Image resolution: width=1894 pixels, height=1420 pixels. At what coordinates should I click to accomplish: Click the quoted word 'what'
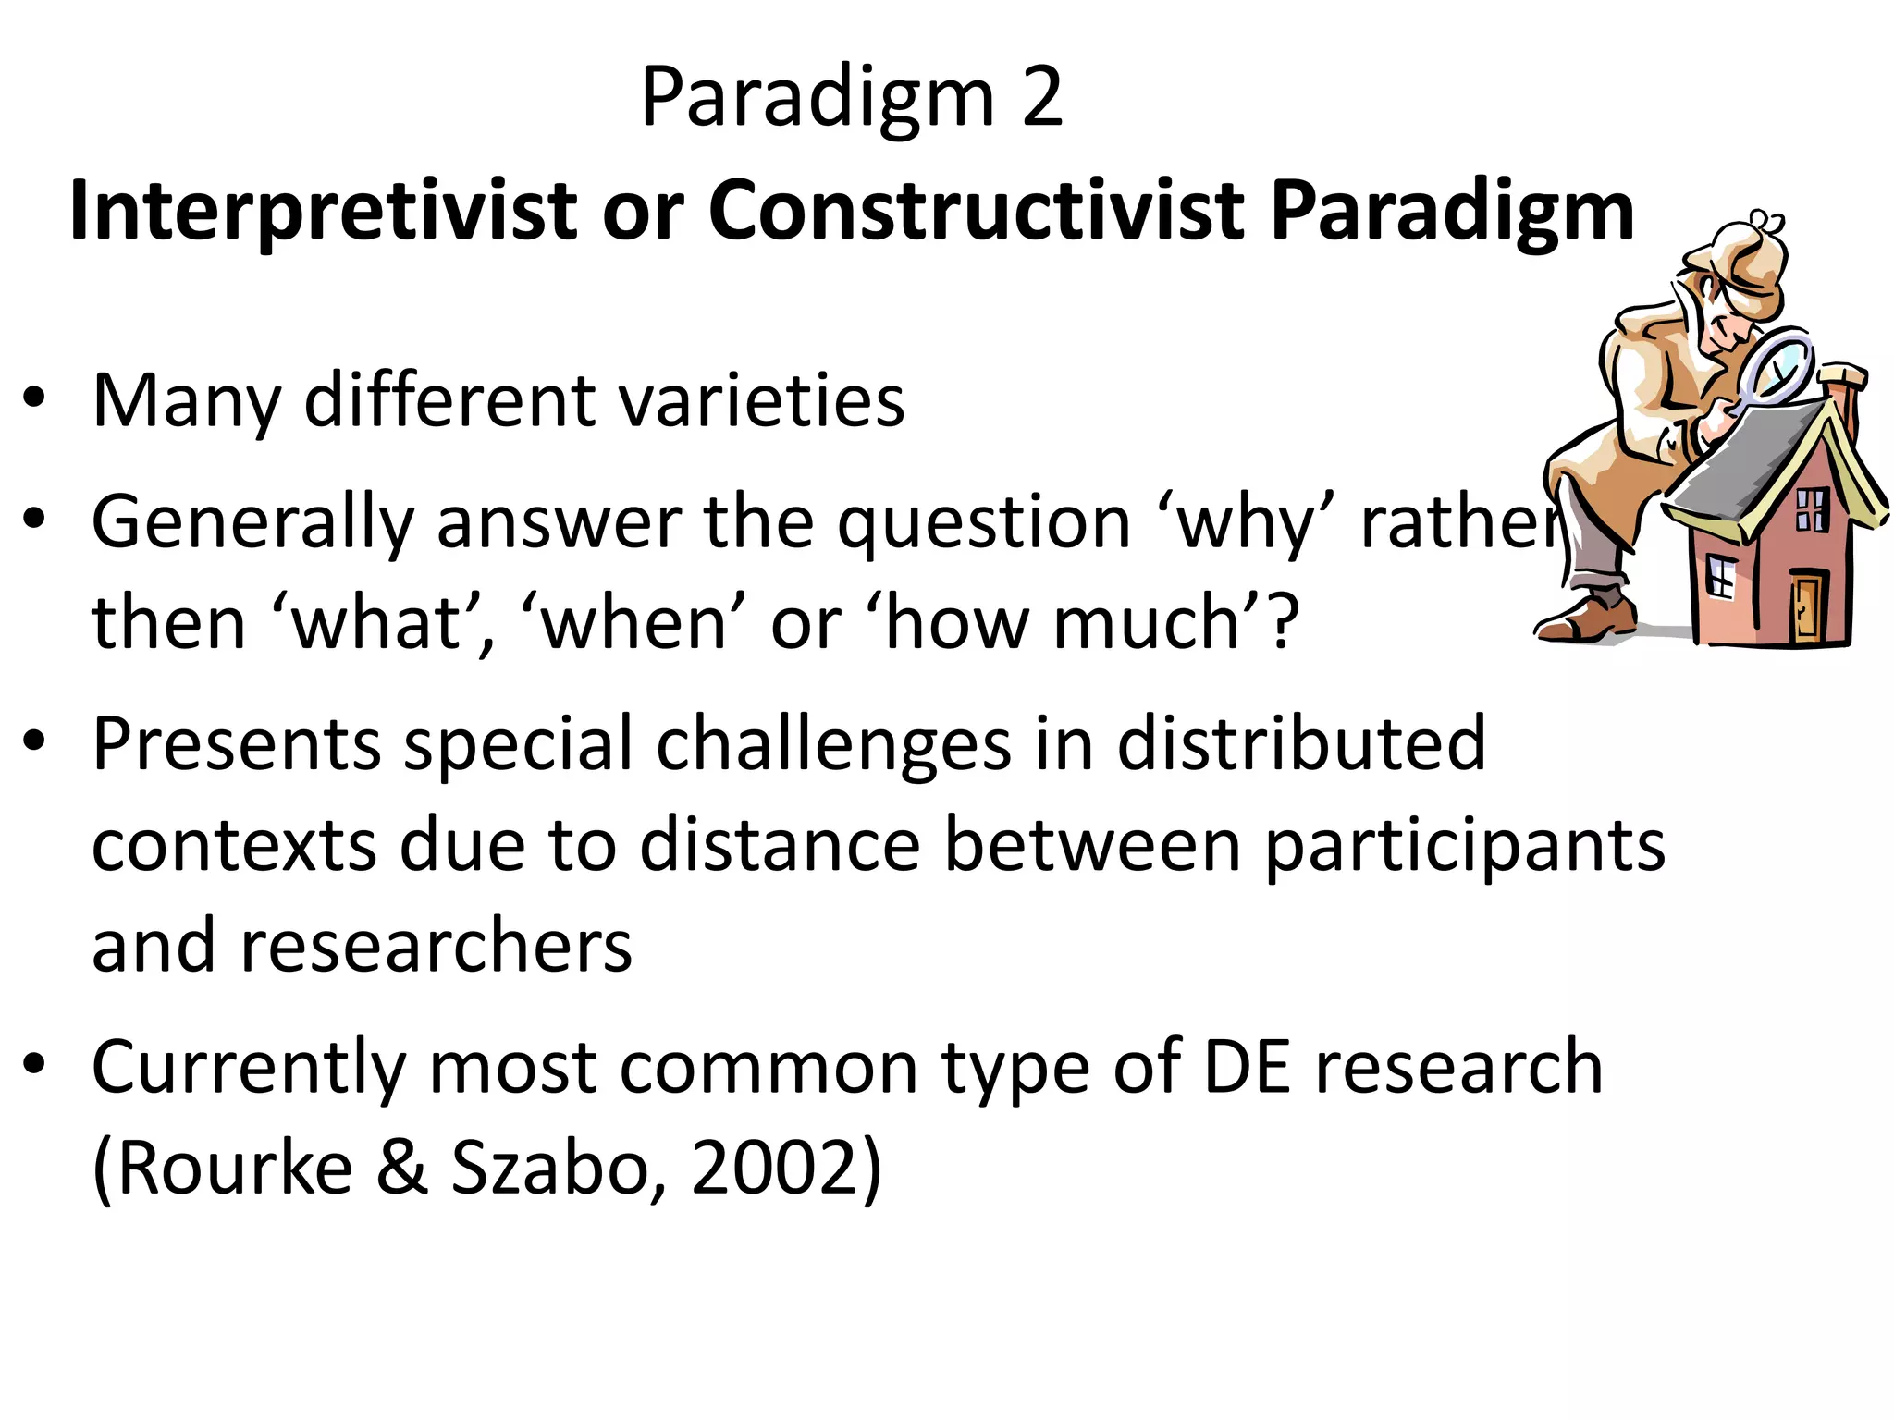click(382, 624)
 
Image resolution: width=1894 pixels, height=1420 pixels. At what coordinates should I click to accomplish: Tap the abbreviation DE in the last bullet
click(1247, 1068)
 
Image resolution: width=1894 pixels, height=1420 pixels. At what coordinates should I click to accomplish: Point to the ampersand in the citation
click(402, 1169)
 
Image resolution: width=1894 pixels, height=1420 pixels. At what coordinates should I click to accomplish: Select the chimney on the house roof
click(1839, 388)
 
